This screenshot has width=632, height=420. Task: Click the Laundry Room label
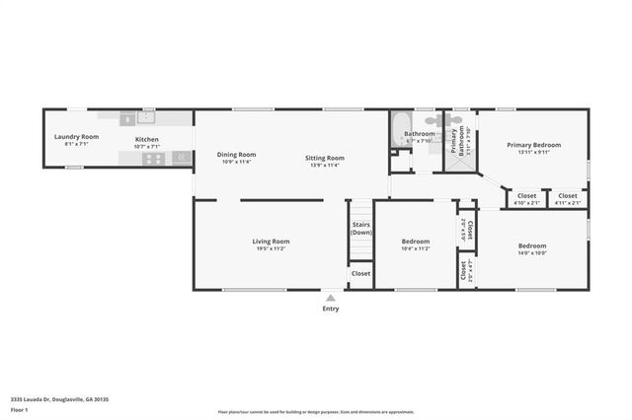coord(76,137)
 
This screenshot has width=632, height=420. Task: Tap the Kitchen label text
coord(146,139)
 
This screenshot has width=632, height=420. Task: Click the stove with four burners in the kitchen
coord(153,157)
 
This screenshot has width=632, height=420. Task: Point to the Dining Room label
coord(236,154)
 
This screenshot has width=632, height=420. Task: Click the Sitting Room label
coord(324,158)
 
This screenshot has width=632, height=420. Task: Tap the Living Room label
coord(272,242)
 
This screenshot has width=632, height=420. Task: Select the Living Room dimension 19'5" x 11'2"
coord(272,249)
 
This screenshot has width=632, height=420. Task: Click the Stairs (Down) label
coord(361,229)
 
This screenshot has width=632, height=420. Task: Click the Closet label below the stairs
coord(361,273)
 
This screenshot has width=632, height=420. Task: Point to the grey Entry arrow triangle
coord(331,297)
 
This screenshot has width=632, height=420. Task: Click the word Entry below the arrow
coord(331,309)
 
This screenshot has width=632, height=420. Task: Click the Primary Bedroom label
coord(533,145)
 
